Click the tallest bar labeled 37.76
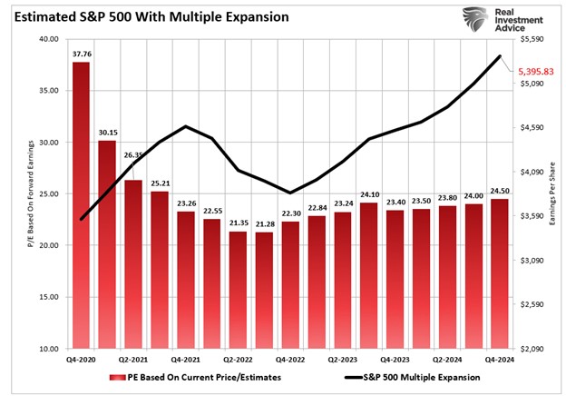point(82,204)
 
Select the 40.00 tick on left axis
point(49,40)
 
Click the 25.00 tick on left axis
point(49,194)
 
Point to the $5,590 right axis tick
point(532,40)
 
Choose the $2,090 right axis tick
point(532,349)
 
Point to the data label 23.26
point(185,203)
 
